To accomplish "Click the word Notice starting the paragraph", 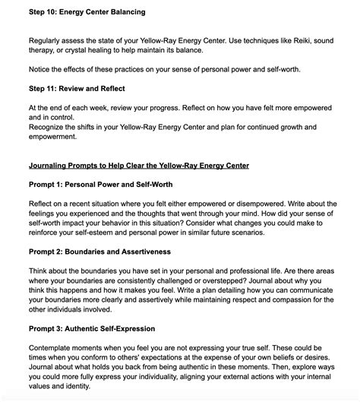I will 42,70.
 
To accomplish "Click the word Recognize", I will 50,126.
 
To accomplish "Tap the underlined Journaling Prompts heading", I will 139,165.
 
